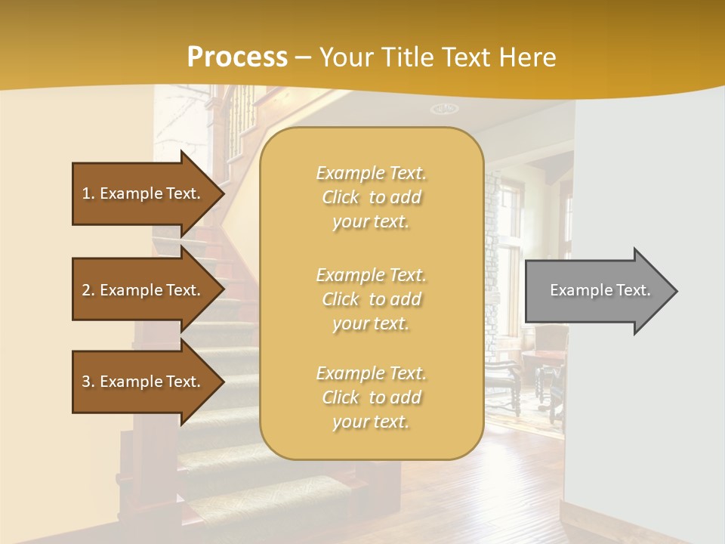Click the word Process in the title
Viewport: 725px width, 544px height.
coord(237,57)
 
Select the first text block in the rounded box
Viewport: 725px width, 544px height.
coord(371,197)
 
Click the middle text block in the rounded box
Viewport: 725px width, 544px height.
coord(371,299)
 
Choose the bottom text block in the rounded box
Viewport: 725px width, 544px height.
coord(371,397)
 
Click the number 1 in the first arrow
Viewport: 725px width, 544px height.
coord(86,193)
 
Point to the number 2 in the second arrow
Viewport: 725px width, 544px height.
coord(86,290)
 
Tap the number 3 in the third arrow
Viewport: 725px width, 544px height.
coord(86,382)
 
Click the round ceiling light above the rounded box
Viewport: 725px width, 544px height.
coord(444,109)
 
